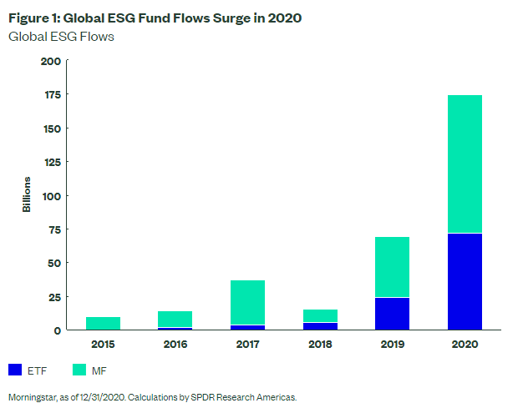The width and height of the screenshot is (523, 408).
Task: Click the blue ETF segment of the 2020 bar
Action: click(464, 281)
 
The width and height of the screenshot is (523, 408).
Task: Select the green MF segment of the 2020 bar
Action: click(464, 164)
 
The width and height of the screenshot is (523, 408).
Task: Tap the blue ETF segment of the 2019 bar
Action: click(391, 314)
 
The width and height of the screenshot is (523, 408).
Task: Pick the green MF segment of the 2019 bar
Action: click(391, 267)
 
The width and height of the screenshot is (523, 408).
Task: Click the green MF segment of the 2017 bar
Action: click(246, 302)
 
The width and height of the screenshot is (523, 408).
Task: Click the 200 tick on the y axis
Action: click(51, 61)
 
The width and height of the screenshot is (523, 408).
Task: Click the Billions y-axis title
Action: click(27, 195)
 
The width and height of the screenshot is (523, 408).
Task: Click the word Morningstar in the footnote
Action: click(33, 397)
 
